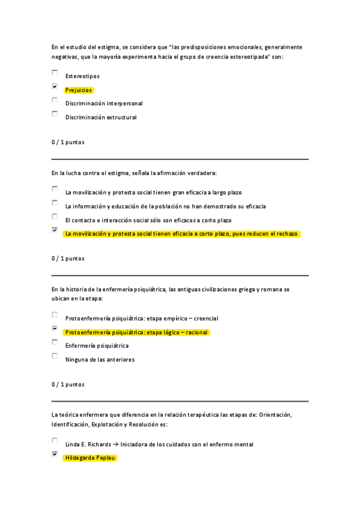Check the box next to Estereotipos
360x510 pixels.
coord(55,73)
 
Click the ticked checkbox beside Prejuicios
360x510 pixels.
coord(55,87)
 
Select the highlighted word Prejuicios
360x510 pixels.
coord(79,90)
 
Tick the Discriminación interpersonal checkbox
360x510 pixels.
coord(55,100)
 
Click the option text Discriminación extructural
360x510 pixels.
coord(101,117)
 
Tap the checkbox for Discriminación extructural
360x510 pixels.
coord(55,114)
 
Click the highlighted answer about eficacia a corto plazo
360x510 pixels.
coord(181,234)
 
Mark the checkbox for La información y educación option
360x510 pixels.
coord(55,203)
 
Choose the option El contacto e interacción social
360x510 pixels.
coord(148,220)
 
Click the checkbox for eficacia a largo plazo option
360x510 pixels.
coord(55,189)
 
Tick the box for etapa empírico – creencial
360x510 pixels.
coord(55,315)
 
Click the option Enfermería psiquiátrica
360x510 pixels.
coord(97,346)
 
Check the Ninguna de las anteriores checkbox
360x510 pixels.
coord(55,356)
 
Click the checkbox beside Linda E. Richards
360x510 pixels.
coord(55,441)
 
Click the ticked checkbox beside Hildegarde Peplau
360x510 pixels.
coord(55,455)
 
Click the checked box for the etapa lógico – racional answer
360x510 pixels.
coord(55,328)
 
